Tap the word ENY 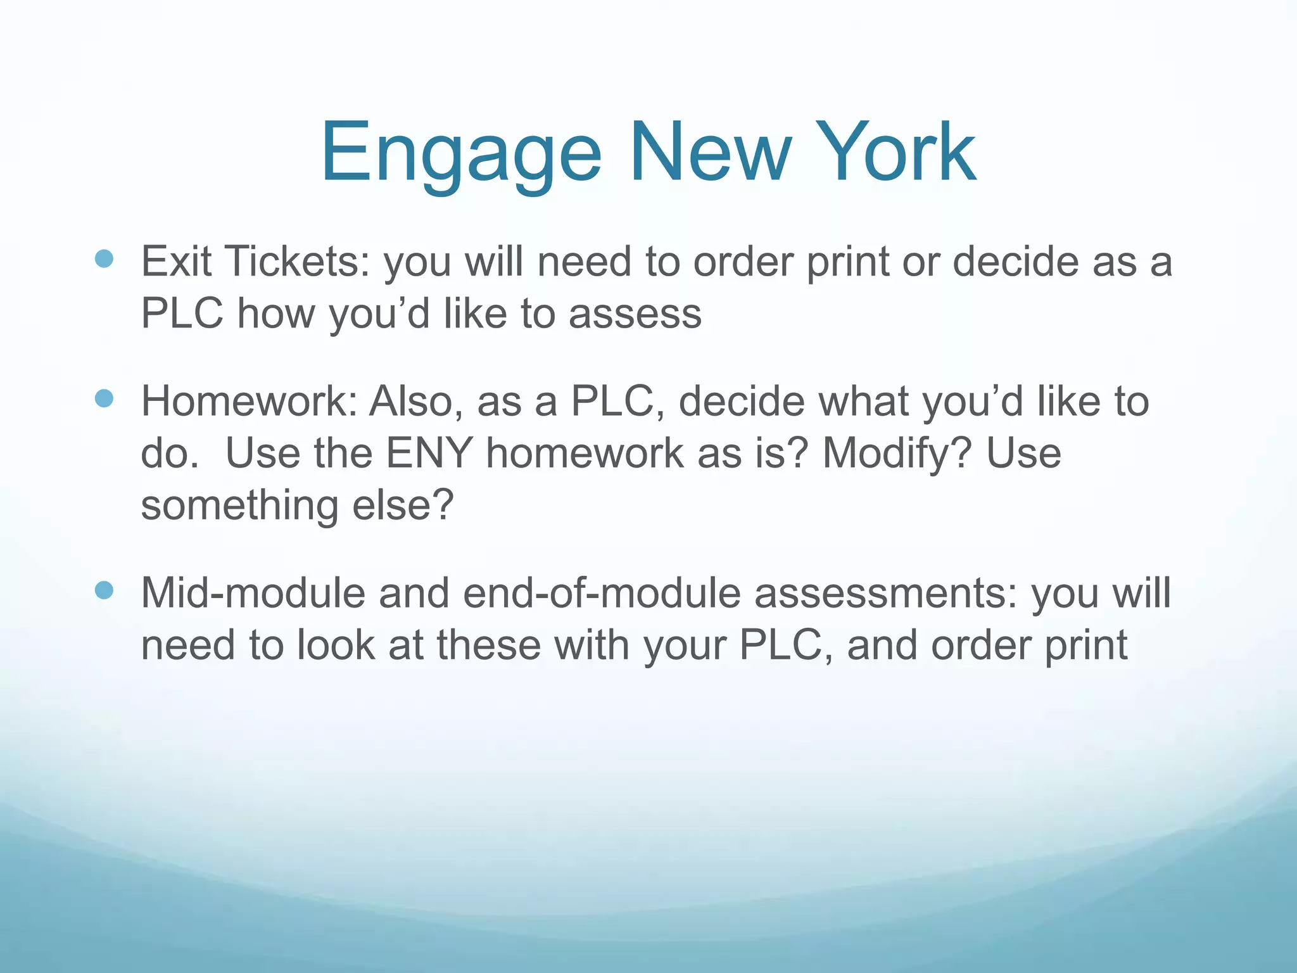pyautogui.click(x=429, y=454)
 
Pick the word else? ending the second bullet pyautogui.click(x=403, y=506)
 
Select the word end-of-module pyautogui.click(x=602, y=594)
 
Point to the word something pyautogui.click(x=240, y=507)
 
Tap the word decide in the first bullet pyautogui.click(x=1015, y=261)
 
